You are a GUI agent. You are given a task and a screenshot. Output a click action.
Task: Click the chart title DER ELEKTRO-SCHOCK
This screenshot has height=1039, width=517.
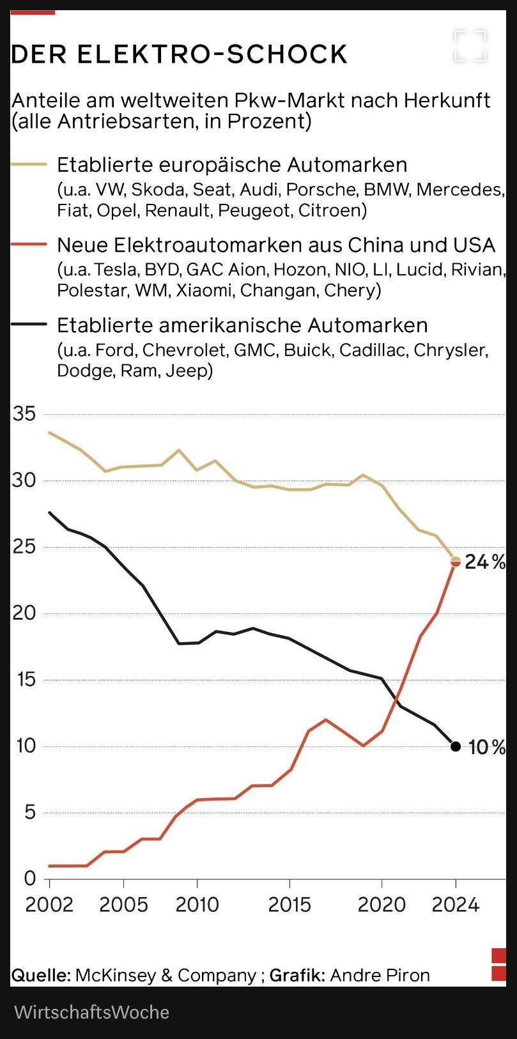click(x=179, y=55)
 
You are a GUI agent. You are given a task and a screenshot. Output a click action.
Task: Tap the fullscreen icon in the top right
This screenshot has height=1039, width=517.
click(x=470, y=45)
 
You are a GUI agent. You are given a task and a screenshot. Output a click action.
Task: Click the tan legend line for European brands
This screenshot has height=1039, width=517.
click(x=29, y=165)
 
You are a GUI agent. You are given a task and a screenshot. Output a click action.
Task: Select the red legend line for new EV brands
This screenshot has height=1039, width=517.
click(x=29, y=245)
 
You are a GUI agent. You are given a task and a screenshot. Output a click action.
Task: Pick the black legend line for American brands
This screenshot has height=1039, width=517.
click(x=29, y=325)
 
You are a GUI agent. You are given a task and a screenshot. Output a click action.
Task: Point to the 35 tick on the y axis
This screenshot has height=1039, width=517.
click(x=25, y=414)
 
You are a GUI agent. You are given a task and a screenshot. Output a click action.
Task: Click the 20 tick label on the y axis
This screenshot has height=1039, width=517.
click(x=25, y=613)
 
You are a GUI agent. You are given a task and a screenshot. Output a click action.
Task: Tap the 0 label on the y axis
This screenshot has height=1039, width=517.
click(x=30, y=879)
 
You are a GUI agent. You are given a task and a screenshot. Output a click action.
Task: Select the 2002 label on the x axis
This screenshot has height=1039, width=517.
click(x=49, y=905)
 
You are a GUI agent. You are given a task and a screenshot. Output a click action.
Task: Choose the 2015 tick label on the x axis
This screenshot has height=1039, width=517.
click(x=289, y=905)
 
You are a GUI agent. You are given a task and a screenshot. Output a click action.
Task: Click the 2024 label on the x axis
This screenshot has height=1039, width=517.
click(x=455, y=905)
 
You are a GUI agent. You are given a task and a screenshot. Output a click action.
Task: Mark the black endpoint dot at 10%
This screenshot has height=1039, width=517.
click(x=456, y=746)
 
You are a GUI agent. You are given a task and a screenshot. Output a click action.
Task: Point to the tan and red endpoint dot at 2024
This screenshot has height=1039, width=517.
click(x=456, y=562)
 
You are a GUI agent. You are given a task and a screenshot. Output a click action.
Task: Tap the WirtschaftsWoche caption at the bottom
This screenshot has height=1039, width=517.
click(x=91, y=1012)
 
